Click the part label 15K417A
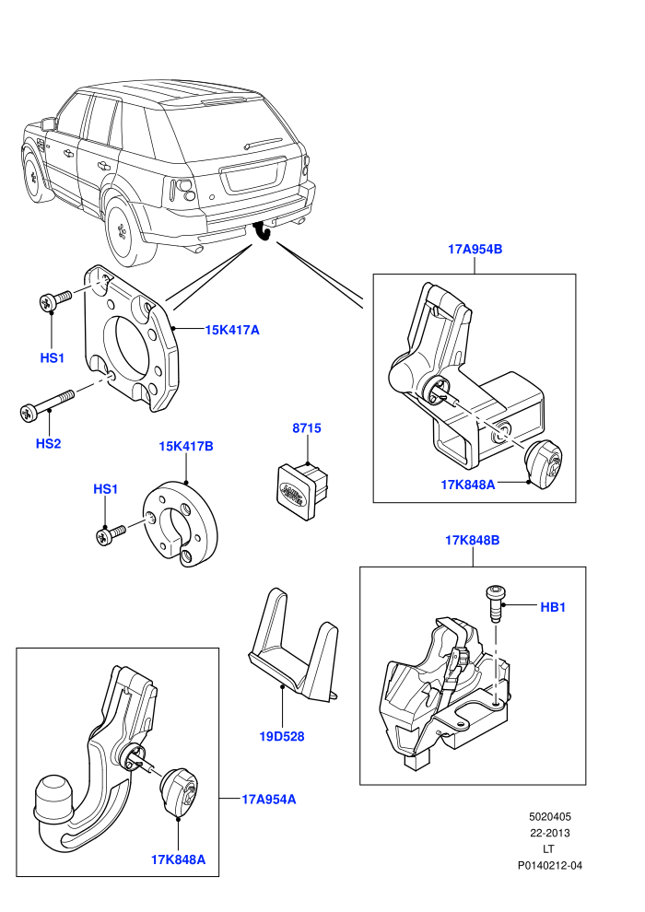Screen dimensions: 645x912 232,330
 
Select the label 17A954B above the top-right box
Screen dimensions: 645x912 475,249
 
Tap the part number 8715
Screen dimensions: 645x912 307,428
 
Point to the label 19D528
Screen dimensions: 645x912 282,736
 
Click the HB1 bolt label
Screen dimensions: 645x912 553,607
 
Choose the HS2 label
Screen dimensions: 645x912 48,443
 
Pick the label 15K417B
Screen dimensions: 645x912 186,446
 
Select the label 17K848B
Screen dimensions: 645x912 473,540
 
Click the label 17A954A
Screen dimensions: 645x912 269,800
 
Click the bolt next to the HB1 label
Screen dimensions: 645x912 495,603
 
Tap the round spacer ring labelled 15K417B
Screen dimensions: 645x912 181,525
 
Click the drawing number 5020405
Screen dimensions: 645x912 549,816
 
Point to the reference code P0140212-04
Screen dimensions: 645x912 549,865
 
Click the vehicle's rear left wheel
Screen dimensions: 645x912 126,230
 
